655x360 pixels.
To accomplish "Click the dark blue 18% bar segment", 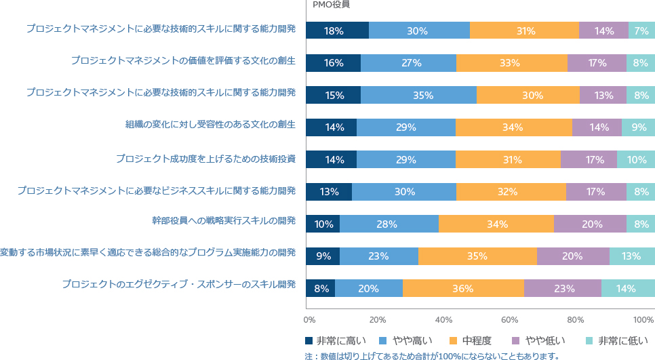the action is (x=338, y=31).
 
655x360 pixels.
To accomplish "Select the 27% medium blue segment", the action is (x=409, y=63).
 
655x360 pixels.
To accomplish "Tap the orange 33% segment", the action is (x=512, y=63).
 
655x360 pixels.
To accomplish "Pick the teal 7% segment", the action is (x=641, y=31).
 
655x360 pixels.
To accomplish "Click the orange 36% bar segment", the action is (x=464, y=288).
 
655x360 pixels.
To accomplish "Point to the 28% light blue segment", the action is (x=389, y=224).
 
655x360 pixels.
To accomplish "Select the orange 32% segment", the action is (x=511, y=192).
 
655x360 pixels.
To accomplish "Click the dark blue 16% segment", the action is (x=334, y=63).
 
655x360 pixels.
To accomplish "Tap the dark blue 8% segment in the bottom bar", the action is (x=321, y=288).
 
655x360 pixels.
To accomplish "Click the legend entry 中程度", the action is (x=471, y=341).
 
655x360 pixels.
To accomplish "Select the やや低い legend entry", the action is (x=538, y=341).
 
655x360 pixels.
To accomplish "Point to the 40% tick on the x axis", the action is (x=443, y=320).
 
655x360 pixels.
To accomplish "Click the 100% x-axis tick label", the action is (x=643, y=320).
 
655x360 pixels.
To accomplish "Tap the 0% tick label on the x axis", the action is (x=310, y=320).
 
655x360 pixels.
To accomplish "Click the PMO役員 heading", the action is (x=332, y=5).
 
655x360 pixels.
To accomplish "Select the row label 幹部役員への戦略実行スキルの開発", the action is (x=224, y=220).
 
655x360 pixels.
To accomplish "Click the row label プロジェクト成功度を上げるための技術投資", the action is (x=206, y=159).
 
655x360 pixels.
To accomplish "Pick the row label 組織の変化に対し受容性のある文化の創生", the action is (x=210, y=125).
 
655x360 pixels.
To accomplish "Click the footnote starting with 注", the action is (x=432, y=356).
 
